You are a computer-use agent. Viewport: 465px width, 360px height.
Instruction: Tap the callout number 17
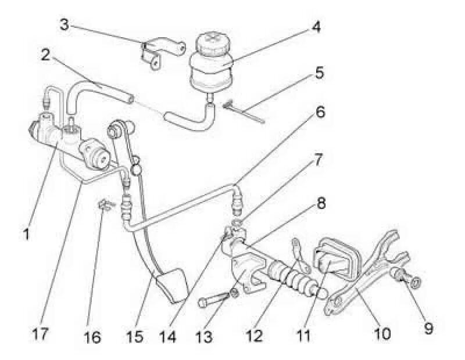click(41, 335)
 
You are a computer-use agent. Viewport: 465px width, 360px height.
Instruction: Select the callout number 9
click(428, 329)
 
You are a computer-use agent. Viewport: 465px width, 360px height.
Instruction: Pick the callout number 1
click(26, 236)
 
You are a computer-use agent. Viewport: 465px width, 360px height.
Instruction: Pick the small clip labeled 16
click(105, 204)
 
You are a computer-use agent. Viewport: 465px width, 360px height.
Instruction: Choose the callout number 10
click(382, 334)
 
